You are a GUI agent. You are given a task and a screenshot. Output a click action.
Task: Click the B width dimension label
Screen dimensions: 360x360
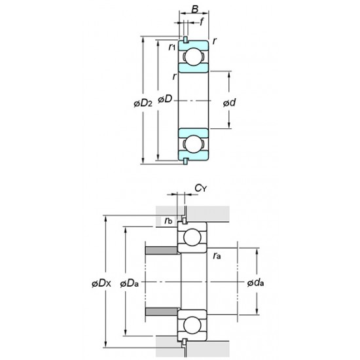pyautogui.click(x=194, y=10)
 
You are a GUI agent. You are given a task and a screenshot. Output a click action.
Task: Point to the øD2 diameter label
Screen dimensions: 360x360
pyautogui.click(x=143, y=102)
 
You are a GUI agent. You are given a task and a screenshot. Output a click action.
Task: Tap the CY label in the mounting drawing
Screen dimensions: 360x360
pyautogui.click(x=200, y=189)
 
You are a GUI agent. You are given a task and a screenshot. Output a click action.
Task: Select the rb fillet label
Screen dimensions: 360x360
pyautogui.click(x=169, y=221)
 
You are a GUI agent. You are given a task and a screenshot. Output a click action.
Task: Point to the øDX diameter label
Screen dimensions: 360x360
pyautogui.click(x=103, y=283)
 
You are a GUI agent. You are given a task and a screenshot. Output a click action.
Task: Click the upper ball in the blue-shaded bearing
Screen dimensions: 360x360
pyautogui.click(x=193, y=58)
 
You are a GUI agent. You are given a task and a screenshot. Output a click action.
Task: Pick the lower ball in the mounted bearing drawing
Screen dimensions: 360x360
pyautogui.click(x=192, y=325)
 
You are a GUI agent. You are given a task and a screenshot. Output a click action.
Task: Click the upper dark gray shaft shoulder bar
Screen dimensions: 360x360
pyautogui.click(x=161, y=251)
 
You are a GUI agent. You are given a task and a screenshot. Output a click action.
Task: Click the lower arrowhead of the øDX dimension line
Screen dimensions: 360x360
pyautogui.click(x=107, y=348)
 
